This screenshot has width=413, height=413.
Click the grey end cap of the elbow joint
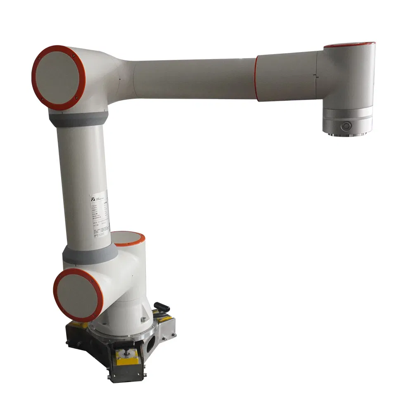(x=58, y=77)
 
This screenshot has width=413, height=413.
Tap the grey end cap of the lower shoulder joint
(x=77, y=294)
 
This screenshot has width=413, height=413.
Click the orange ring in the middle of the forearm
(x=256, y=78)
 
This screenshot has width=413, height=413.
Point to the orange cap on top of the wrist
(x=349, y=44)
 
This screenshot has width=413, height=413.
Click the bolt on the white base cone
(x=143, y=319)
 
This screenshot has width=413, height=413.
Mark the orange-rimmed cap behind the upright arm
(x=129, y=238)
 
